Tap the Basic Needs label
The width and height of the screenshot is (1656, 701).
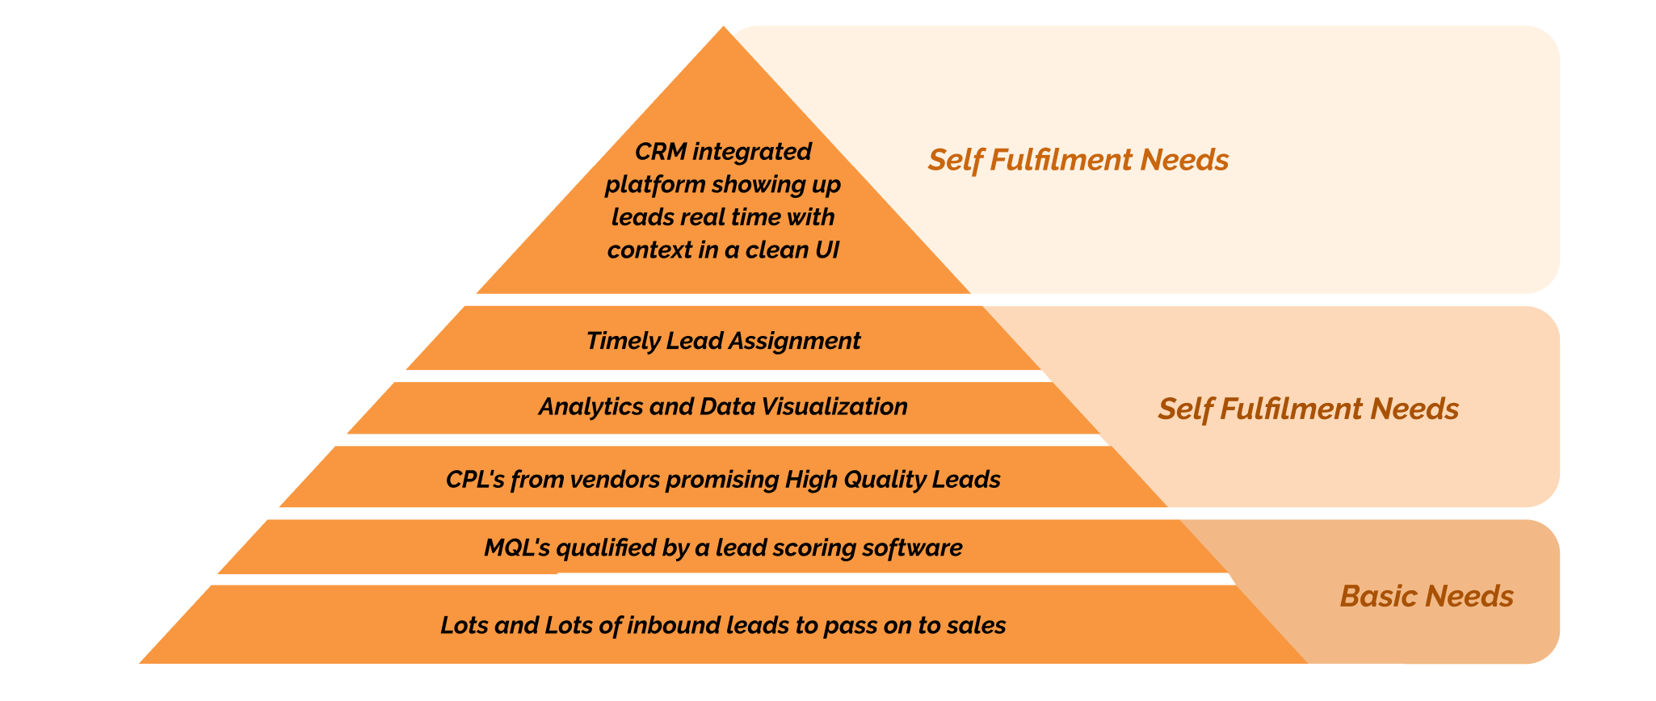click(1427, 596)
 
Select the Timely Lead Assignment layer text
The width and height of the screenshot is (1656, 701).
click(723, 341)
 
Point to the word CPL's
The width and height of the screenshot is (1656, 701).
click(475, 480)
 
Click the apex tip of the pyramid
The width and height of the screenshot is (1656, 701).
click(724, 29)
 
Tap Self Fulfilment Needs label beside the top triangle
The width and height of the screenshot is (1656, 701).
click(1078, 160)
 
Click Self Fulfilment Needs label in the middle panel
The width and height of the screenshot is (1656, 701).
click(1308, 409)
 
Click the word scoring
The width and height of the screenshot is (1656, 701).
click(813, 548)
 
